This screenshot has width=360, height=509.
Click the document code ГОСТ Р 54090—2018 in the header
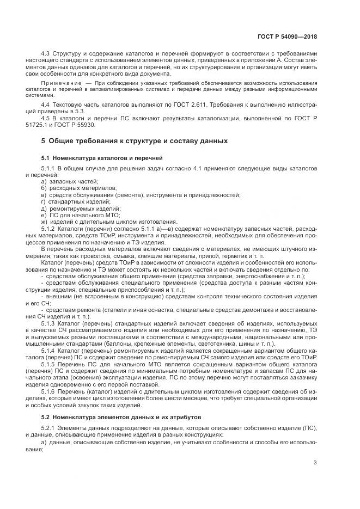pos(288,37)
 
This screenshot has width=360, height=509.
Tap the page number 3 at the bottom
pos(316,463)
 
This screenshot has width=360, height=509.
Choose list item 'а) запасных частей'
pos(70,181)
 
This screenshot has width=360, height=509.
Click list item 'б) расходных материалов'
pos(78,188)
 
